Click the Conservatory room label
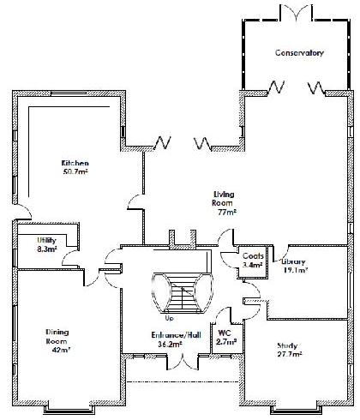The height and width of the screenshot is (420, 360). (x=299, y=53)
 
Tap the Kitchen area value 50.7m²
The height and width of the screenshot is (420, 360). (x=75, y=172)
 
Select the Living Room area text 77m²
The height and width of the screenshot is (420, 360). (x=227, y=213)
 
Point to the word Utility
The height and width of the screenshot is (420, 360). (x=46, y=240)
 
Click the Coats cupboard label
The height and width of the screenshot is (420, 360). (x=253, y=256)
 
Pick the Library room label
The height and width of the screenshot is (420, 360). (x=293, y=261)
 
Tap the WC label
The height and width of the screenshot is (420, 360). (x=225, y=333)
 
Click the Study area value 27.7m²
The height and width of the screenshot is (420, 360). (x=290, y=355)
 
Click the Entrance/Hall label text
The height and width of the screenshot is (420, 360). (x=176, y=335)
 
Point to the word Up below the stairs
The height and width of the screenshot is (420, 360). (x=170, y=318)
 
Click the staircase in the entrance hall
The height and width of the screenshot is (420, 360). (x=183, y=293)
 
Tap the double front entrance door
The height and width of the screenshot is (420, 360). (x=183, y=362)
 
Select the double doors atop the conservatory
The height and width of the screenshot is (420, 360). (x=296, y=13)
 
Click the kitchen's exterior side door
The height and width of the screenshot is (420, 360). (x=23, y=212)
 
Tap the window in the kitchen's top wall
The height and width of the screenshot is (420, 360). (x=69, y=93)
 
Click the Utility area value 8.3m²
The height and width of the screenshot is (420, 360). (x=47, y=249)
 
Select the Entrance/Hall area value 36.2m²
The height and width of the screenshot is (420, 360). (x=170, y=345)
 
